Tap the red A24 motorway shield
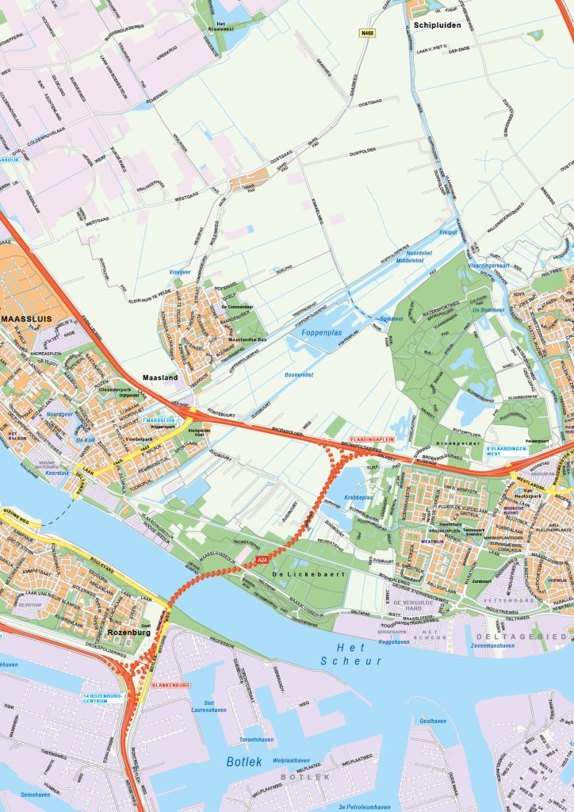pos(261,561)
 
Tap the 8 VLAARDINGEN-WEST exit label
pos(507,451)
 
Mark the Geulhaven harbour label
pos(433,721)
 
